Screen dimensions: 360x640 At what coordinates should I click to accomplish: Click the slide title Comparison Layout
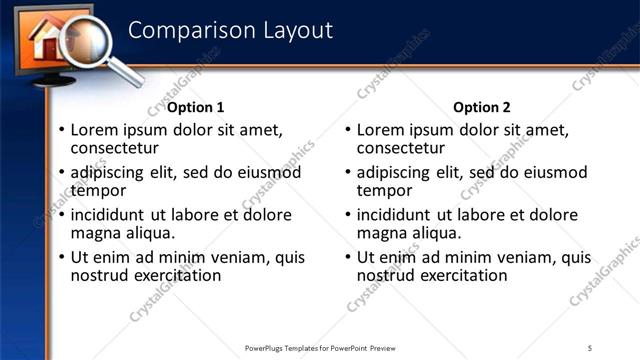[229, 30]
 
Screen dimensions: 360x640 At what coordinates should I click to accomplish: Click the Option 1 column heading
[195, 108]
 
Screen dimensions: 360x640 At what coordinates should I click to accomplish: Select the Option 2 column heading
[481, 108]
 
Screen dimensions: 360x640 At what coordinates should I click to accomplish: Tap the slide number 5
[590, 348]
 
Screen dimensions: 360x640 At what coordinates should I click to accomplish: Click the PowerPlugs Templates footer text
[319, 348]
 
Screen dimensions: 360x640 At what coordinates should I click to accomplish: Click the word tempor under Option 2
[384, 191]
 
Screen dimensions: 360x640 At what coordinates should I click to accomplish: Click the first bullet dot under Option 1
[62, 131]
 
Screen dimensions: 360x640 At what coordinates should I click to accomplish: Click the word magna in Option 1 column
[95, 233]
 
